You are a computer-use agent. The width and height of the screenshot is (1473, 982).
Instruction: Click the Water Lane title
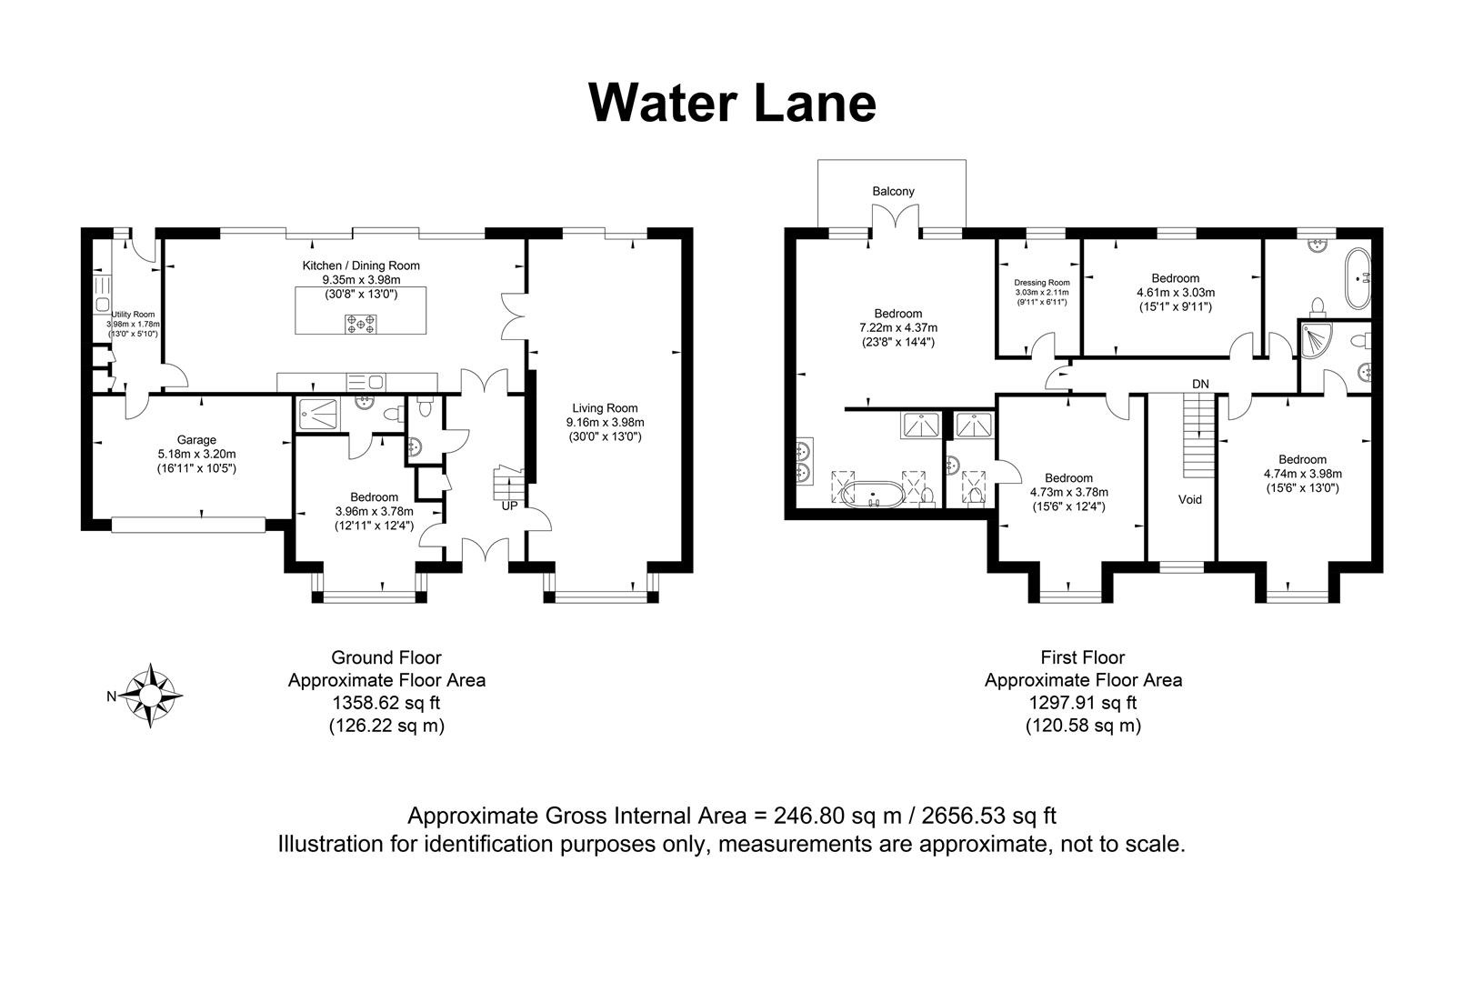732,102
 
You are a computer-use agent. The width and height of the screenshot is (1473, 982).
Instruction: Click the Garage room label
195,440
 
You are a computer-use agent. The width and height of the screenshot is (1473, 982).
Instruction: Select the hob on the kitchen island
361,324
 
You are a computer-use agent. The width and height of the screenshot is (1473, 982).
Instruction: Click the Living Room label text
605,408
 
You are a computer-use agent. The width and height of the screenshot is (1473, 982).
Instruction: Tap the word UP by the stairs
508,505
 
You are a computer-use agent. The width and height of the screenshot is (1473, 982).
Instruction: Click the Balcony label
893,191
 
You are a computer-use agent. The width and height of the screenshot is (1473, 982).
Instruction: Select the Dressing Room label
1042,283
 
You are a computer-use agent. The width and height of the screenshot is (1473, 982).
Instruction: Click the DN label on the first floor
1200,384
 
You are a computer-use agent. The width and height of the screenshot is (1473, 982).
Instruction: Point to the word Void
1189,499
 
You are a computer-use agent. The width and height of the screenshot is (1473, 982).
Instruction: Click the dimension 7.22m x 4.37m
897,327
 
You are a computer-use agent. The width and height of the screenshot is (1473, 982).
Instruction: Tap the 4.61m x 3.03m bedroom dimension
1175,293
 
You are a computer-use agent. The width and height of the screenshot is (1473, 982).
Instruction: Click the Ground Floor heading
386,656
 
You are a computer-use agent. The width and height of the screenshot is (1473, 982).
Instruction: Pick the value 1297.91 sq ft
1083,703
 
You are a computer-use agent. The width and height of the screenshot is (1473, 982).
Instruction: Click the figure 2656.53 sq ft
988,815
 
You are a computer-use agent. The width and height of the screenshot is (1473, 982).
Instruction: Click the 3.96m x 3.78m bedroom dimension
374,511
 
